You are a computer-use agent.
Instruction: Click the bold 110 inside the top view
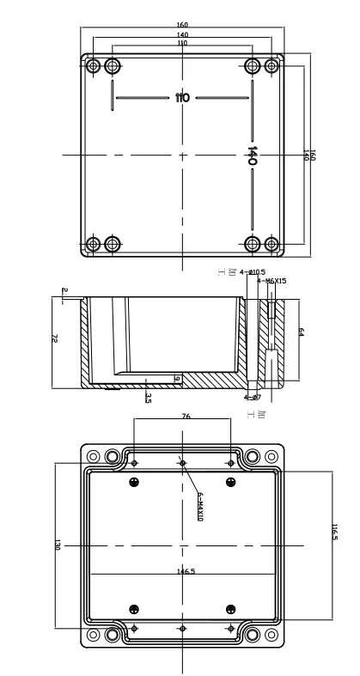point(182,98)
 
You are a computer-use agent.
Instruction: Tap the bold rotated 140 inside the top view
point(253,155)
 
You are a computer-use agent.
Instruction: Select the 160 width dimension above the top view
point(182,25)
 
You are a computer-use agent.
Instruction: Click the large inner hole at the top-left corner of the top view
point(113,66)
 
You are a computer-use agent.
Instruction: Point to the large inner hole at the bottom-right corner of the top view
point(253,244)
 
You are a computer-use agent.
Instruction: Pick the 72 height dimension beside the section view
point(56,340)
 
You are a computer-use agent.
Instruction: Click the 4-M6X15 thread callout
point(272,281)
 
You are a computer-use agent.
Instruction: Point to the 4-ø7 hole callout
point(252,397)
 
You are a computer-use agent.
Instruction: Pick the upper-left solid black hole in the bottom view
point(134,483)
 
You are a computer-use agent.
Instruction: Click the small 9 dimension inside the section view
point(176,378)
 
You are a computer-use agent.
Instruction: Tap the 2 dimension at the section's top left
point(64,290)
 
